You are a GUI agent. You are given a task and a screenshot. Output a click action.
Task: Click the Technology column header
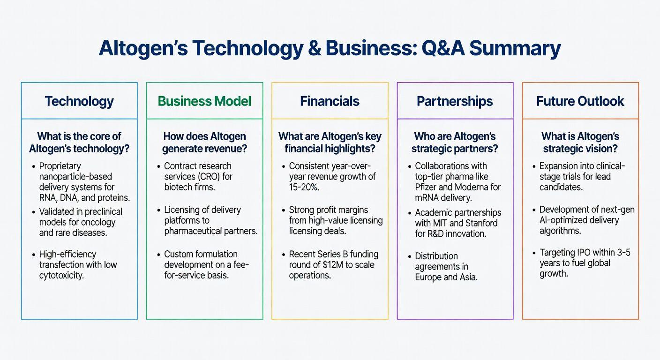[x=79, y=101]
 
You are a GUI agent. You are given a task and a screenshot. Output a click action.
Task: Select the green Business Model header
[x=204, y=101]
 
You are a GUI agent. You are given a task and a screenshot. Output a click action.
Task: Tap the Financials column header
[x=330, y=101]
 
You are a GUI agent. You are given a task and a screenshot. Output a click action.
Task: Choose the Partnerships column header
[x=455, y=101]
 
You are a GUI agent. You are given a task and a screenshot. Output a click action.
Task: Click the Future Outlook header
[x=580, y=101]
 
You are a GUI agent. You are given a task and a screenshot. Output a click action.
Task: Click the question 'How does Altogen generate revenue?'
[x=204, y=142]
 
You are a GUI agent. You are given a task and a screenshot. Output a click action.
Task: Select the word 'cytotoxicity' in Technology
[x=61, y=276]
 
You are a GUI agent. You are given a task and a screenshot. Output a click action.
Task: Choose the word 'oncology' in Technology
[x=97, y=222]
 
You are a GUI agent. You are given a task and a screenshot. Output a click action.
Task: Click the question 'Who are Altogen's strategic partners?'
[x=455, y=142]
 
